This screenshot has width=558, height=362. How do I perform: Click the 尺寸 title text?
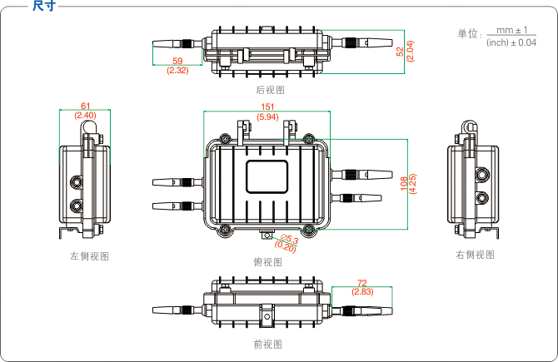tap(43, 7)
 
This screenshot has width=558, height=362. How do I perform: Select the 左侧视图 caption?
tap(89, 256)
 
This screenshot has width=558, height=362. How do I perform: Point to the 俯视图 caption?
tap(268, 262)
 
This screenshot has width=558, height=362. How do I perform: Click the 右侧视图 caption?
tap(475, 255)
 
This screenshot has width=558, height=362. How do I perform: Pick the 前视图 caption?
tap(268, 344)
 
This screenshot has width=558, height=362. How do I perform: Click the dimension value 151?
tap(267, 107)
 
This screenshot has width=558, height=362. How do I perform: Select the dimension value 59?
tap(177, 62)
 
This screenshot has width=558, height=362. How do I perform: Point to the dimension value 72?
tap(362, 284)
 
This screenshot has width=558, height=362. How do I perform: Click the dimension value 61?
tap(86, 106)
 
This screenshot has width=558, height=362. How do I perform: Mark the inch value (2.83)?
tap(362, 292)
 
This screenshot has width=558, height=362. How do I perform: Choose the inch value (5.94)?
tap(267, 117)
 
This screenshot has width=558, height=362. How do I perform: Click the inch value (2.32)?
tap(177, 71)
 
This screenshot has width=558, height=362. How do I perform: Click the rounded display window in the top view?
tap(267, 176)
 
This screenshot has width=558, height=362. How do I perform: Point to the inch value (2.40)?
tap(86, 115)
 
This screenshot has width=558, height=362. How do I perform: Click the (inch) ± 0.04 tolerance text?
tap(511, 42)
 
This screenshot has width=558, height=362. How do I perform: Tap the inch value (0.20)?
tap(286, 247)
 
